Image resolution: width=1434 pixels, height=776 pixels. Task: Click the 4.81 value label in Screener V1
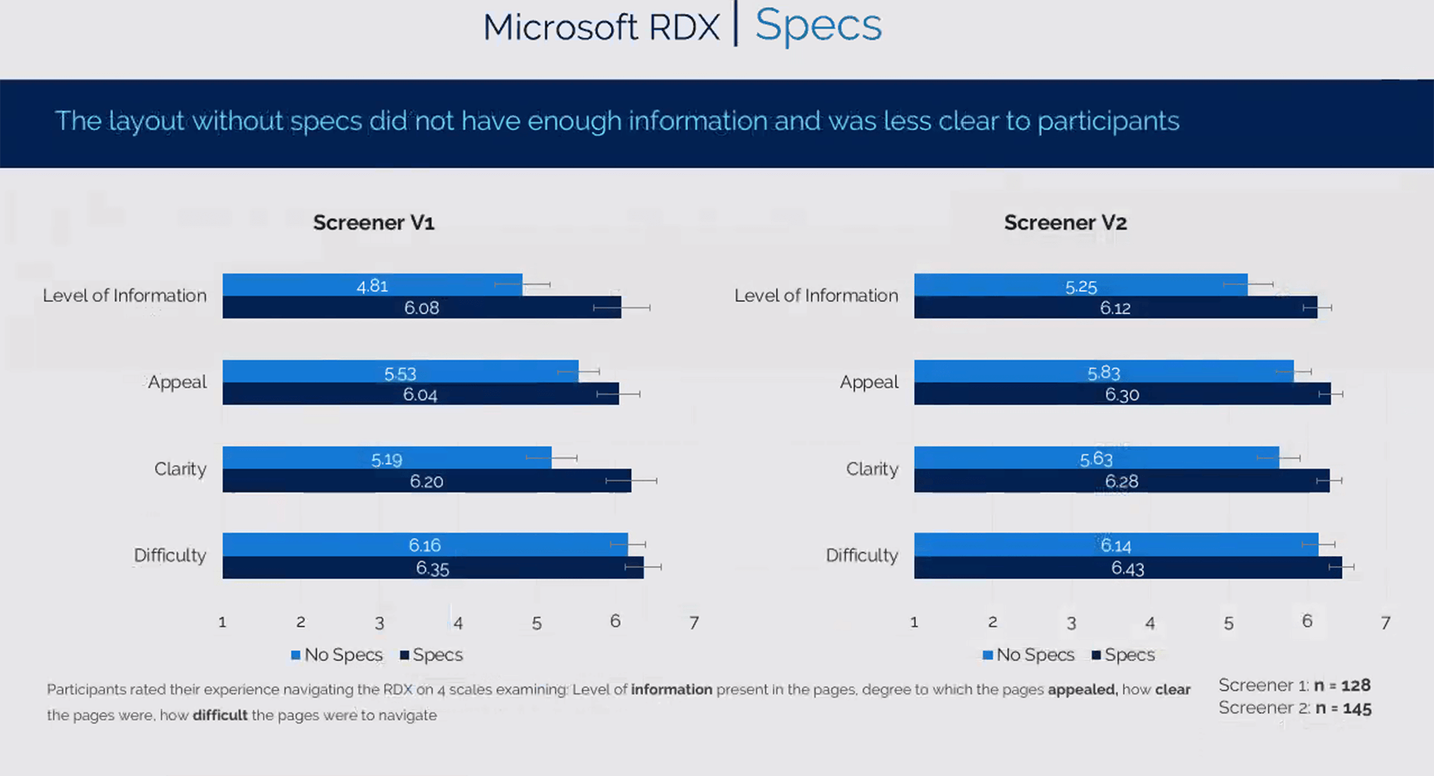click(x=372, y=286)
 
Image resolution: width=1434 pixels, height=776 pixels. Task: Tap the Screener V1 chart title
click(x=373, y=222)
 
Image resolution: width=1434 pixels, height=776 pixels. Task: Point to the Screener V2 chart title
click(x=1065, y=222)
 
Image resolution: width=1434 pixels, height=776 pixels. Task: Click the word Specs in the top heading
click(x=818, y=26)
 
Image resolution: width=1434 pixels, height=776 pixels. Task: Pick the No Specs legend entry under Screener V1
click(x=337, y=655)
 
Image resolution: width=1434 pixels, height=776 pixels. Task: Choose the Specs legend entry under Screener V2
click(x=1123, y=655)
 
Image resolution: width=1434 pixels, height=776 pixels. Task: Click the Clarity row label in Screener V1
click(x=180, y=469)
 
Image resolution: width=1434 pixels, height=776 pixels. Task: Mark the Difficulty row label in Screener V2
click(x=862, y=555)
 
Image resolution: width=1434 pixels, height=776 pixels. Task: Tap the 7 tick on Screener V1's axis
click(x=693, y=623)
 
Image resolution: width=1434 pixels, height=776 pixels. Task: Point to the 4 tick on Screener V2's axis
click(x=1150, y=623)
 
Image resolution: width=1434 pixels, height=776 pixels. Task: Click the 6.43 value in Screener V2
click(x=1127, y=569)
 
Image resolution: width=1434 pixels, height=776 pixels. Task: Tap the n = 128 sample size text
click(x=1342, y=686)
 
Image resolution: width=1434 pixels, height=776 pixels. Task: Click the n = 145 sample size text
click(x=1342, y=709)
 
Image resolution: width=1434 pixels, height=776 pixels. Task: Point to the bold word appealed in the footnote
click(x=1082, y=690)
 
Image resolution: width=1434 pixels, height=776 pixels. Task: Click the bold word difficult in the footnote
click(x=220, y=715)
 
